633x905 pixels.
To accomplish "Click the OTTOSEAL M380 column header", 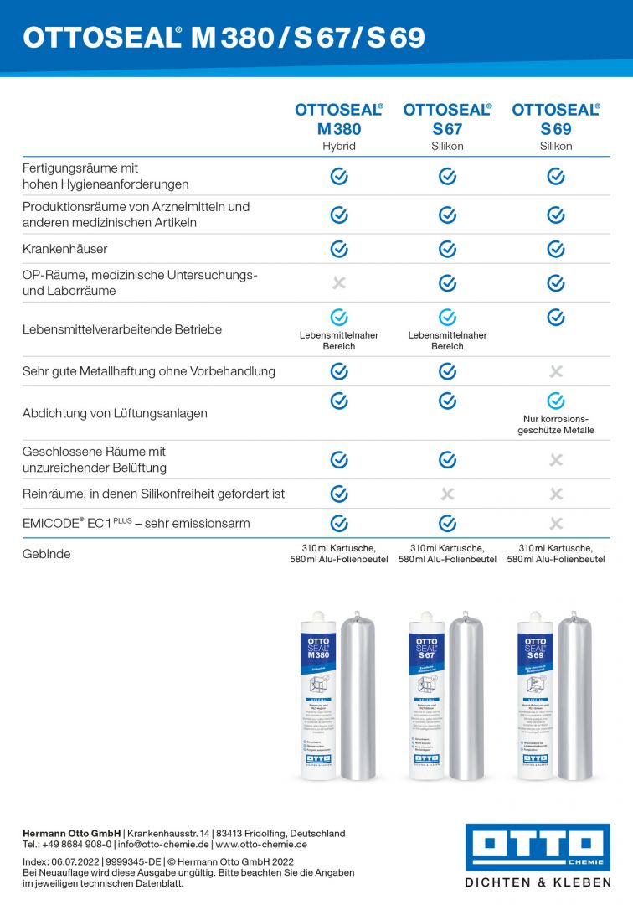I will tap(338, 119).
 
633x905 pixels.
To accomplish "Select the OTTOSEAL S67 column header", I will tap(447, 119).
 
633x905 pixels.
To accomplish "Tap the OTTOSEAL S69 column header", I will tap(556, 119).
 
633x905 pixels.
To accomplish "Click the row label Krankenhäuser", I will tap(65, 249).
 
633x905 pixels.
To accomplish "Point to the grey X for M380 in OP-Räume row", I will tap(339, 283).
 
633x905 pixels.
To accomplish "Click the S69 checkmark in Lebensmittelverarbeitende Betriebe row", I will tap(556, 318).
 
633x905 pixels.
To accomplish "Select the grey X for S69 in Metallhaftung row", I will tap(556, 371).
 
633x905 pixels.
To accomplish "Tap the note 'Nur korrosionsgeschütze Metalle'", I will tap(556, 424).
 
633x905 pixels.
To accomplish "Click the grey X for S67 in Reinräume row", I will tap(448, 494).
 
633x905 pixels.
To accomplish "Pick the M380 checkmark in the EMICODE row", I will tap(339, 523).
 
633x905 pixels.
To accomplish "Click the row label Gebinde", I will tap(47, 554).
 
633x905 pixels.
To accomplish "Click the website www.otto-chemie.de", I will tap(261, 845).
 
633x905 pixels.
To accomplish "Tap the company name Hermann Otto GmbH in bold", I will tap(71, 834).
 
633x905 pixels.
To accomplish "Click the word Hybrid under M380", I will tap(339, 146).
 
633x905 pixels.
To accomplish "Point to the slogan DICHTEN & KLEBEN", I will tap(538, 882).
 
